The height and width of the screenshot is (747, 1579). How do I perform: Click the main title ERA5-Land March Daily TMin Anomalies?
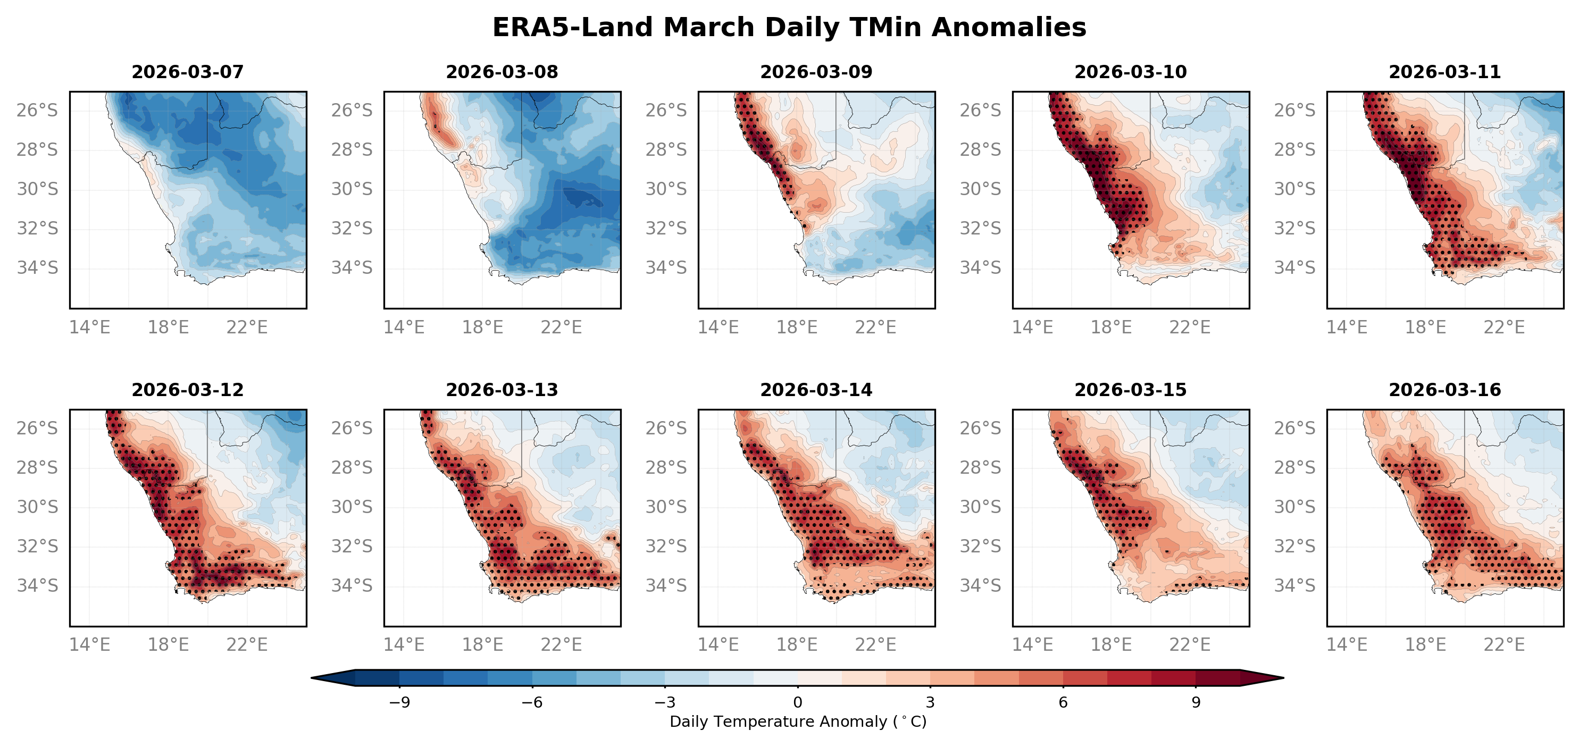[x=789, y=28]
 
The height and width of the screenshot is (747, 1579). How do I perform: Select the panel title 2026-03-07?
[x=188, y=72]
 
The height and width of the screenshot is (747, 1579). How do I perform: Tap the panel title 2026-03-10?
[x=1130, y=72]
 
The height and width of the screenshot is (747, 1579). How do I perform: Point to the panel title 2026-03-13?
[x=502, y=390]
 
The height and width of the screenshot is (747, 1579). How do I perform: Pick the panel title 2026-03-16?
[x=1445, y=390]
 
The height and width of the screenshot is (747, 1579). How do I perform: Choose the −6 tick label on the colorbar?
[x=531, y=702]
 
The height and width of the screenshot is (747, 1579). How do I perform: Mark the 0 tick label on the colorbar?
[x=797, y=702]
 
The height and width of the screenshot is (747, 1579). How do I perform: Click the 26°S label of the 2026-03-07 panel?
[x=37, y=110]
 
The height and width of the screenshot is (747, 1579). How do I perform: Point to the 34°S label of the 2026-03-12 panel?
[x=37, y=586]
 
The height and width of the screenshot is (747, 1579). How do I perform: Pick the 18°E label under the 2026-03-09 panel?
[x=797, y=327]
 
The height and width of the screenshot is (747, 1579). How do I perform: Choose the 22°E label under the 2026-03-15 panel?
[x=1190, y=645]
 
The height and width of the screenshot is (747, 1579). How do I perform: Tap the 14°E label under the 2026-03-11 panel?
[x=1347, y=327]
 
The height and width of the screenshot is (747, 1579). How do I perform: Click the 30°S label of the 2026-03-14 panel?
[x=666, y=507]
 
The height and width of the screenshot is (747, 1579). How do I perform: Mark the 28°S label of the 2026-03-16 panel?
[x=1294, y=467]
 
